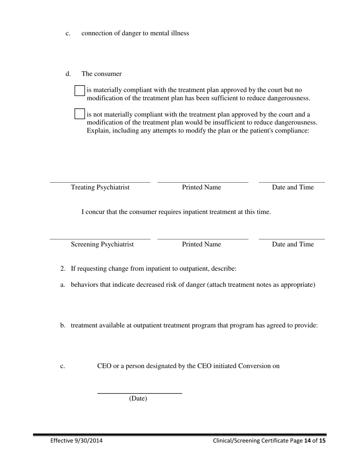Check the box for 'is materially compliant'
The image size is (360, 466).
[80, 91]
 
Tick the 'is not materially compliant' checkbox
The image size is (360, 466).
[80, 114]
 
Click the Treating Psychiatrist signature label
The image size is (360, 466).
[100, 187]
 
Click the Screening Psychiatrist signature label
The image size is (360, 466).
[102, 244]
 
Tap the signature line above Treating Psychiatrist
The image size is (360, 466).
[100, 182]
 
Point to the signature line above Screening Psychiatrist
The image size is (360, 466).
[100, 239]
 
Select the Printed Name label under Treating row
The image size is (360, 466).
[201, 187]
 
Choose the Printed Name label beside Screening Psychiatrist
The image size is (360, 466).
[201, 244]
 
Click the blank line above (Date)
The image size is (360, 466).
[139, 393]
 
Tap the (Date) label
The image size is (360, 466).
[138, 399]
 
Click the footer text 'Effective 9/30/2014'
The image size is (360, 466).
[76, 441]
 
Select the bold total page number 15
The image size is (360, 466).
[322, 441]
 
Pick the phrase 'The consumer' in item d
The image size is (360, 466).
[102, 74]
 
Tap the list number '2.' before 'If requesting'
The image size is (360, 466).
[63, 269]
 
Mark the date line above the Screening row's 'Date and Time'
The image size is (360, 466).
[292, 239]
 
